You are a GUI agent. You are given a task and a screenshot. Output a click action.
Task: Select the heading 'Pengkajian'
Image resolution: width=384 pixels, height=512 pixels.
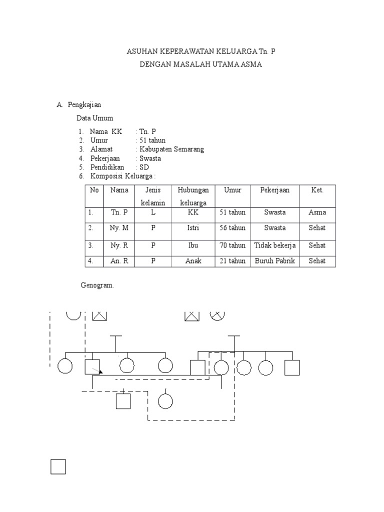point(84,104)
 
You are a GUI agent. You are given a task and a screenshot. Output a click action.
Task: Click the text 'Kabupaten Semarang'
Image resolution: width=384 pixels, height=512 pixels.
point(172,149)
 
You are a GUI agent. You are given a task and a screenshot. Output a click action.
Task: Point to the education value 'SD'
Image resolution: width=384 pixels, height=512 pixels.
point(144,167)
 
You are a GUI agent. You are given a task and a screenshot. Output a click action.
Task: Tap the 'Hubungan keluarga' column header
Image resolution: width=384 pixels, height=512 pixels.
point(192,196)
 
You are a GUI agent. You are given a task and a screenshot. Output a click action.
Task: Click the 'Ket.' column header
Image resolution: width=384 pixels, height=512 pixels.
point(317,190)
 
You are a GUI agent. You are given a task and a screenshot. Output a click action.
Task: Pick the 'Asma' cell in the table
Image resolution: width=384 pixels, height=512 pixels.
point(317,212)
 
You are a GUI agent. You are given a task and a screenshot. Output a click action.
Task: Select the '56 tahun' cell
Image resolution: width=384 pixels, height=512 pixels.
point(232,228)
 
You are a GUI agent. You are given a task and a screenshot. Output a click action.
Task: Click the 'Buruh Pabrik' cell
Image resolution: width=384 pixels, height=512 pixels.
point(274,261)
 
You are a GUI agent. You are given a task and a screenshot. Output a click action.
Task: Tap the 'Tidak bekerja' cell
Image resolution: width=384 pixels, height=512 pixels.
point(274,245)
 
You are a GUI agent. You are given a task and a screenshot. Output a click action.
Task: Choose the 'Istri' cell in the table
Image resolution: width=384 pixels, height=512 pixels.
point(192,228)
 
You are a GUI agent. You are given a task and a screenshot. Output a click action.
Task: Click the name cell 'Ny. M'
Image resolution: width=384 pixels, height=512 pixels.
point(119,228)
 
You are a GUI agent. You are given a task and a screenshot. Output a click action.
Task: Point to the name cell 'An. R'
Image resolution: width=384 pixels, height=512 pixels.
point(119,261)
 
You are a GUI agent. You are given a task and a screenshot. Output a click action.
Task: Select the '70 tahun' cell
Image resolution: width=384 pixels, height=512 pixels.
point(232,245)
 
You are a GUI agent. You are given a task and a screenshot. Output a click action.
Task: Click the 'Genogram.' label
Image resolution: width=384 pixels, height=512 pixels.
point(97,285)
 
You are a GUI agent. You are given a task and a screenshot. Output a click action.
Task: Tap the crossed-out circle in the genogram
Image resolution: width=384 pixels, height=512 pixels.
point(217,314)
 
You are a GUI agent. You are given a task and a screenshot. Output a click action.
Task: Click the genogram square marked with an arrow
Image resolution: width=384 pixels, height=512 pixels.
point(92,367)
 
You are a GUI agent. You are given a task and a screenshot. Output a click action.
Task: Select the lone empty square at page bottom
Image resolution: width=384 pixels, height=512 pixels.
point(58,466)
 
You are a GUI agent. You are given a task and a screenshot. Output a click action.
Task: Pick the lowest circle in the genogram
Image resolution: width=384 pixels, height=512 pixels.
point(165,401)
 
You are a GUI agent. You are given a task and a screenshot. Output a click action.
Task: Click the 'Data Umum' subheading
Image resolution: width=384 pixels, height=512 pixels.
point(94,118)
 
